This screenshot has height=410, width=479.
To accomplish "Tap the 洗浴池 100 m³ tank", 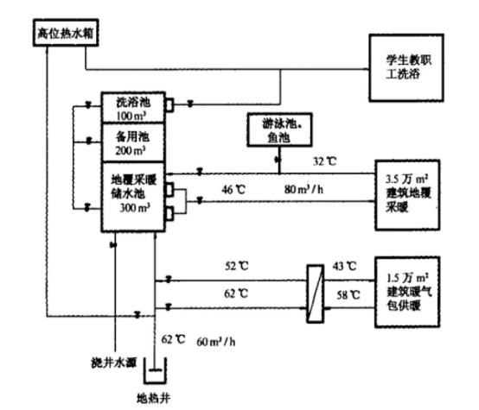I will [x=132, y=107].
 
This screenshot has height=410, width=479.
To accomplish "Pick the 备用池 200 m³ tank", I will [x=132, y=142].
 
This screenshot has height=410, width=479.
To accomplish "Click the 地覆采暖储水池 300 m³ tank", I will [x=132, y=195].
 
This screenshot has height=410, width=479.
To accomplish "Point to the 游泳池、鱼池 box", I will [x=278, y=129].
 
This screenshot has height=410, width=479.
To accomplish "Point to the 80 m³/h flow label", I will [x=303, y=187].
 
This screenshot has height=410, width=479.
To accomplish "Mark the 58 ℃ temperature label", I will [x=345, y=295].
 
